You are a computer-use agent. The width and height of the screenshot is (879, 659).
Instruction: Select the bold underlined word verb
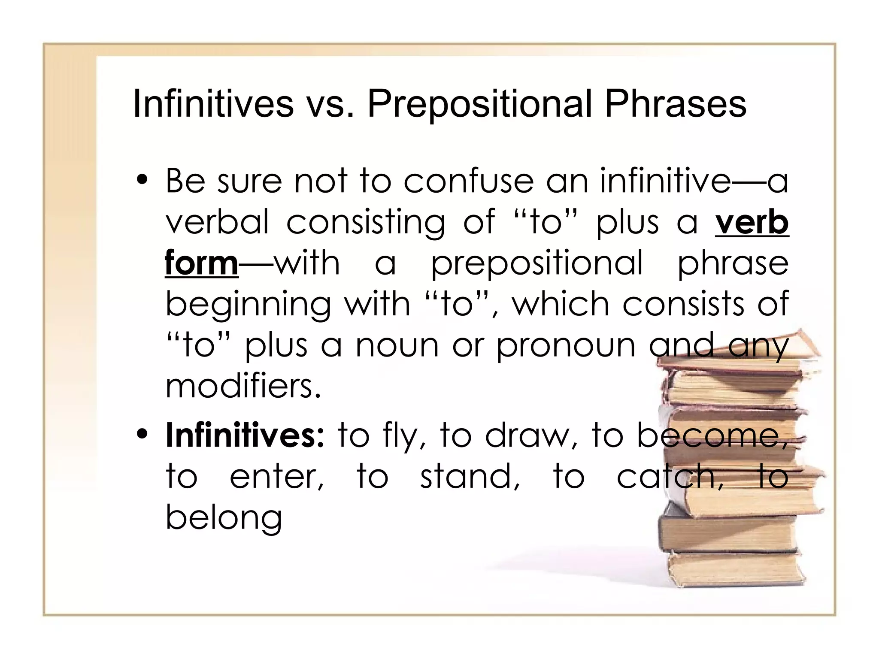click(x=752, y=222)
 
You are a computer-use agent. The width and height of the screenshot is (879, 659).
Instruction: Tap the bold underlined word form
click(x=201, y=263)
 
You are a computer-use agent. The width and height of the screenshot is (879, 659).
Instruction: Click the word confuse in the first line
click(x=468, y=181)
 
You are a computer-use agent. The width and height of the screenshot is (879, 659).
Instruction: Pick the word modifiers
click(x=243, y=385)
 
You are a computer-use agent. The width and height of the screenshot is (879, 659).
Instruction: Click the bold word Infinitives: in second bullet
click(x=245, y=435)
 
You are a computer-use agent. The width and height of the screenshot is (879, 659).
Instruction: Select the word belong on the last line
click(x=224, y=517)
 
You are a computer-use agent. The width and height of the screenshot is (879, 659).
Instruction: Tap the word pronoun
click(x=566, y=345)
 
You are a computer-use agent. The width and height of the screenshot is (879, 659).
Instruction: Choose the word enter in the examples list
click(x=277, y=476)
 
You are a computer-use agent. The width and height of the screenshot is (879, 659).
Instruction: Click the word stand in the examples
click(x=470, y=476)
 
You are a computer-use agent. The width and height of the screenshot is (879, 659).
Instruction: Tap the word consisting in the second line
click(x=365, y=222)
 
